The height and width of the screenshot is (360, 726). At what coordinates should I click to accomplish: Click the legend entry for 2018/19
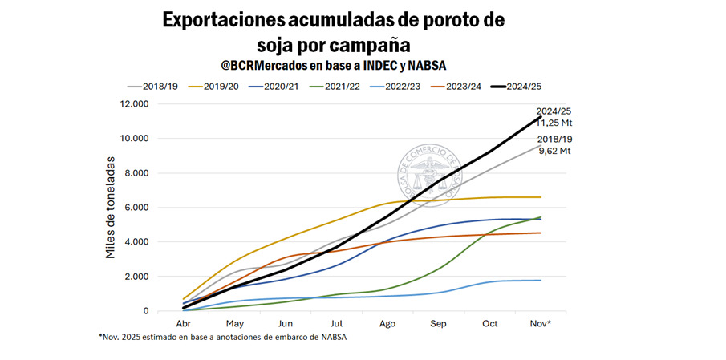point(156,86)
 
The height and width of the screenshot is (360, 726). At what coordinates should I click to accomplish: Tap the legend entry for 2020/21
point(278,86)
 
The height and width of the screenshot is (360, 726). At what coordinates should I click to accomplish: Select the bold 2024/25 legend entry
point(525,86)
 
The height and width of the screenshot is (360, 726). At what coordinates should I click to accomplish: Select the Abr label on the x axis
point(184,323)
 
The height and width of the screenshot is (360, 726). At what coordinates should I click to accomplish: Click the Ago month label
point(388,323)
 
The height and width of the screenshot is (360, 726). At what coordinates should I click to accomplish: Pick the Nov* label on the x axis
point(540,323)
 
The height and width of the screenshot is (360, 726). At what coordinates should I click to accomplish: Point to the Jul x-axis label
point(337,323)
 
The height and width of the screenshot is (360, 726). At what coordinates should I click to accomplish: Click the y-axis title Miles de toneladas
point(112,207)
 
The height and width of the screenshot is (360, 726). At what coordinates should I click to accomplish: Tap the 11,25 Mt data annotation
point(554,123)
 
